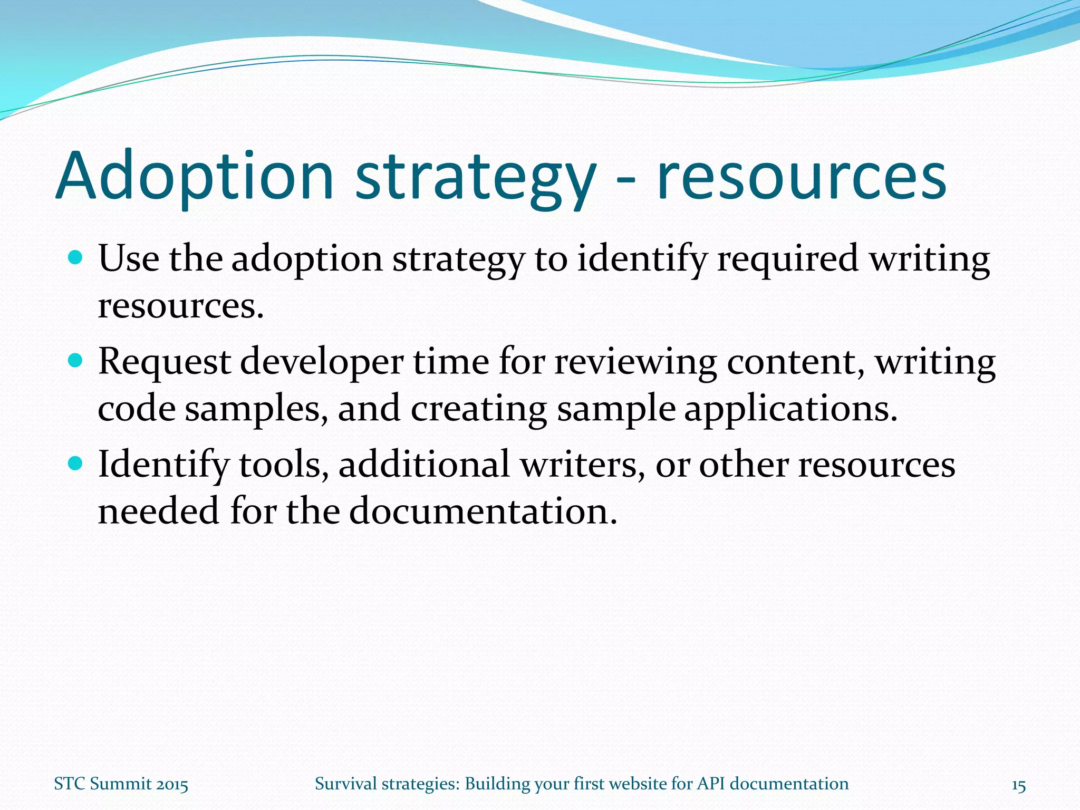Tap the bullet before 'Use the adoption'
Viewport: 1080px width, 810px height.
click(76, 258)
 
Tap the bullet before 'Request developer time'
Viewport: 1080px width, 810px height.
click(76, 361)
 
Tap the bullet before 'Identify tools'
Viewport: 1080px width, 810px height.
click(76, 464)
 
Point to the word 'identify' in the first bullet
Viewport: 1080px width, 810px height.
click(641, 259)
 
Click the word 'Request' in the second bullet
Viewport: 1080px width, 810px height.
click(164, 363)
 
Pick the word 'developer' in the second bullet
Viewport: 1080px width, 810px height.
click(322, 363)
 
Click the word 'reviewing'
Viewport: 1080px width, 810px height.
click(634, 363)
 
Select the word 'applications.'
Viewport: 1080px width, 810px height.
click(790, 410)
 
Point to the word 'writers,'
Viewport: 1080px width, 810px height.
click(582, 465)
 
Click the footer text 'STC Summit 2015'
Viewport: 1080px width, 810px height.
click(121, 784)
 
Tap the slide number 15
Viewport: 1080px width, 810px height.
click(1018, 785)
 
